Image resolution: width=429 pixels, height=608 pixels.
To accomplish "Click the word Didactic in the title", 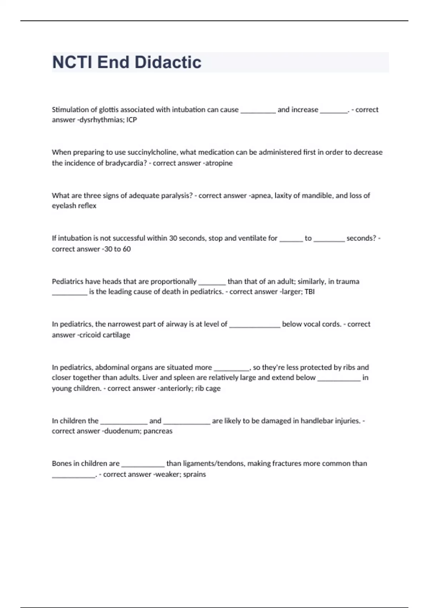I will click(x=168, y=62).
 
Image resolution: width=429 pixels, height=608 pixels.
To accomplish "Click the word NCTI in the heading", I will click(x=73, y=62).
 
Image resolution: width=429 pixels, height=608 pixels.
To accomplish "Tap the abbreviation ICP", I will click(x=132, y=120).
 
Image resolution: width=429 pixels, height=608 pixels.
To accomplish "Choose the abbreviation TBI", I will click(x=309, y=292).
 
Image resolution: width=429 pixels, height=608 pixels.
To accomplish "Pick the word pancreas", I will click(x=158, y=431).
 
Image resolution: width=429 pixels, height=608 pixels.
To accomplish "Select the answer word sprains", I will click(x=194, y=475).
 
